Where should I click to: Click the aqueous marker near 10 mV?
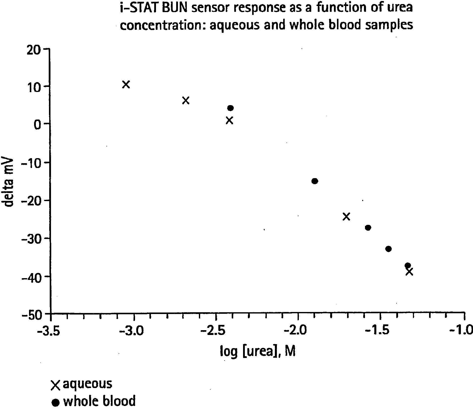(126, 84)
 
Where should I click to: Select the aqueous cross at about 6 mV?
(186, 101)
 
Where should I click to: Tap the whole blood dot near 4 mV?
(230, 108)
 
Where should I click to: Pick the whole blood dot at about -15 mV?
(314, 181)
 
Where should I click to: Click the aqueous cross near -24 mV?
(346, 216)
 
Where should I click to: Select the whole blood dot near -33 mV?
(388, 249)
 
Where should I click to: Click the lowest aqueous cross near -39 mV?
(409, 272)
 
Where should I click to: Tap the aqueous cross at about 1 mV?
(229, 121)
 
